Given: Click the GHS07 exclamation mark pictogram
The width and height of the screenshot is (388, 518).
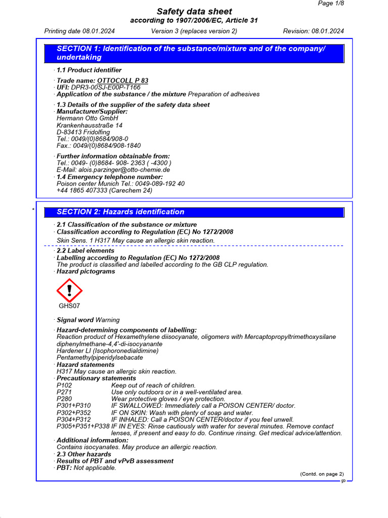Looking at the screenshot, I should tap(69, 290).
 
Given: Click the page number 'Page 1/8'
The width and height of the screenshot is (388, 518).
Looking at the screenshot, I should tap(331, 4).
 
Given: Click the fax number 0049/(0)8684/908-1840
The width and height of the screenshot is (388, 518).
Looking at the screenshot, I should tap(99, 146).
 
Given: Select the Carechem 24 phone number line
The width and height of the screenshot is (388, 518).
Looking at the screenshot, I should tap(104, 191).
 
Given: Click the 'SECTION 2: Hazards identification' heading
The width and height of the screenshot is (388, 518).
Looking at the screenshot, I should tap(120, 212).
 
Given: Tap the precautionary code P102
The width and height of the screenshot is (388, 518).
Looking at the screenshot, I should tap(65, 385).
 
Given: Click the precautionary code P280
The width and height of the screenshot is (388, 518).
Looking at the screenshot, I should tap(65, 399).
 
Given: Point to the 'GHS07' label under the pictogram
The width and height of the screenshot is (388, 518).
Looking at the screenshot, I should tap(69, 306).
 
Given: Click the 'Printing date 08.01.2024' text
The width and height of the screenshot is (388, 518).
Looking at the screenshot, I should tap(79, 31).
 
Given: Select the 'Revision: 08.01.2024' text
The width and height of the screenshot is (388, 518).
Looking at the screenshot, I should tap(313, 31).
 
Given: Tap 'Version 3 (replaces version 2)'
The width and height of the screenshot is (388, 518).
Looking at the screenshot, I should tap(194, 31).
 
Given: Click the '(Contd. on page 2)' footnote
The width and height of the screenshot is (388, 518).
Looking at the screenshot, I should tap(322, 474).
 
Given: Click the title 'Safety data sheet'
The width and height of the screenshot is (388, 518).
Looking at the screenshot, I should tap(194, 11).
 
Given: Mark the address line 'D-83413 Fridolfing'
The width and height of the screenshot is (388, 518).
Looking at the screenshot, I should tap(83, 132).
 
